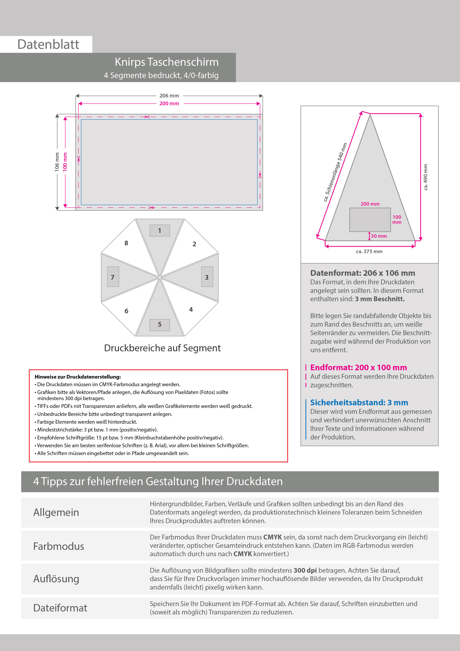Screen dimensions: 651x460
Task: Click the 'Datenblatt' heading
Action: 48,45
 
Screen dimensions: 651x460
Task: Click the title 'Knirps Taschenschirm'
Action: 167,62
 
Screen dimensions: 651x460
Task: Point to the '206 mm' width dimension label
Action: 169,96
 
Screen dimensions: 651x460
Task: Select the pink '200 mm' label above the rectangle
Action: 169,104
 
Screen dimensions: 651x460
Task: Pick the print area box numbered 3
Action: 207,277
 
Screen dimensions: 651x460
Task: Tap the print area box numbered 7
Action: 113,277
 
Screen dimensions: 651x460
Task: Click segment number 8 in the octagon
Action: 126,243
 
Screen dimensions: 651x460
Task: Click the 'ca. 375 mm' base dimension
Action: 369,251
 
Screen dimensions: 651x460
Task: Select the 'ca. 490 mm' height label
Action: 425,177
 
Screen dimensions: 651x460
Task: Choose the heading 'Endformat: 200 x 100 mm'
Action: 359,367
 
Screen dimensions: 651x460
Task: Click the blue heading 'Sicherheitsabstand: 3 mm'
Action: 359,403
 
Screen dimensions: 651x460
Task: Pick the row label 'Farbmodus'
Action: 59,546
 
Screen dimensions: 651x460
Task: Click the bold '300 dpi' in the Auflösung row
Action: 305,570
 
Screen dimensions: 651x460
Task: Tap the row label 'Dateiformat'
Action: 60,608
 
